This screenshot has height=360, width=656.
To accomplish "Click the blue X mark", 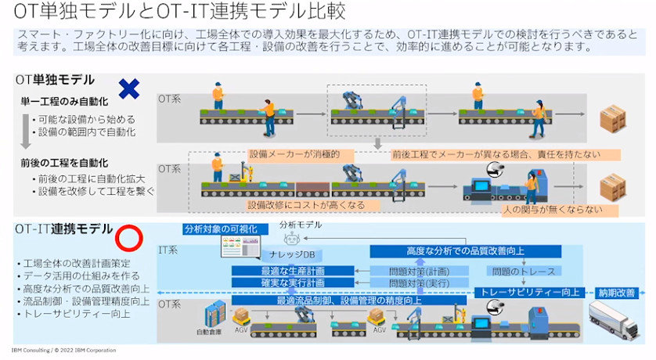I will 128,88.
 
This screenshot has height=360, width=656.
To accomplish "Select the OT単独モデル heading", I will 55,79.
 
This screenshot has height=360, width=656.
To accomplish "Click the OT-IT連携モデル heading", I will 63,229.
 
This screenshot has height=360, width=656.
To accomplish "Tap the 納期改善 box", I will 618,292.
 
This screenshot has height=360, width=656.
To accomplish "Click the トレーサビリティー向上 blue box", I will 531,292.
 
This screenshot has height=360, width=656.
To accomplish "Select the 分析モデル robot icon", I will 300,239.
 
